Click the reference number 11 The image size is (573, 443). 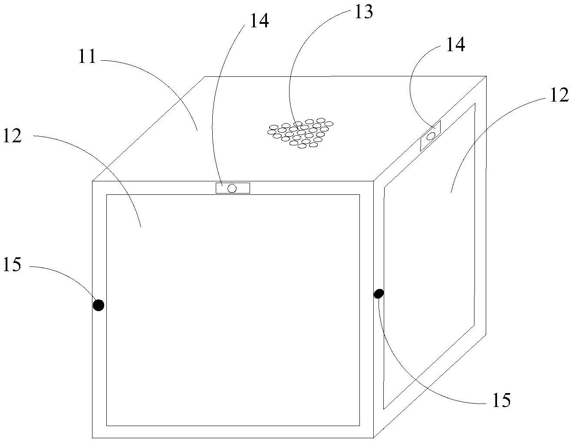tap(87, 57)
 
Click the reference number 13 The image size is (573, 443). tap(363, 12)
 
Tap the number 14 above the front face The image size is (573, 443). tap(259, 20)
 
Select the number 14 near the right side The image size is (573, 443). tap(455, 44)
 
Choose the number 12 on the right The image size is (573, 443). tap(559, 95)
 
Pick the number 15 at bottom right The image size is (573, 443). tap(501, 400)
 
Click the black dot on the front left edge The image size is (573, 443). tap(99, 305)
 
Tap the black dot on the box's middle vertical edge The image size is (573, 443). tap(379, 294)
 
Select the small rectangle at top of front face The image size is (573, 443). tap(233, 188)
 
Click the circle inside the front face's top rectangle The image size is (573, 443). tap(232, 188)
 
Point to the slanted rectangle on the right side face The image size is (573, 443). tap(430, 136)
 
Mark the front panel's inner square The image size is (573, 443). tap(233, 310)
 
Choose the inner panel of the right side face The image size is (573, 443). tap(429, 256)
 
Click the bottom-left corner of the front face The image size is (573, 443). tap(92, 437)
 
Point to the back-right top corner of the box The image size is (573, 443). tap(486, 76)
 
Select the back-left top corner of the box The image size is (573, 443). tap(205, 77)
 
